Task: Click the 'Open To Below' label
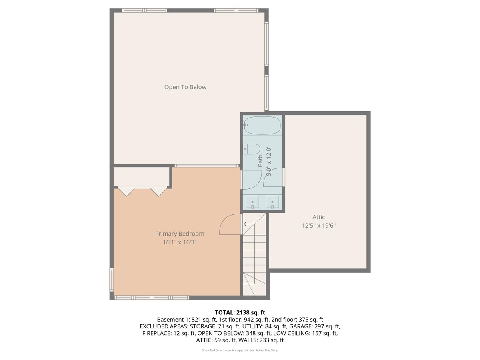pyautogui.click(x=185, y=87)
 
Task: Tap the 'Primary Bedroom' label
pyautogui.click(x=180, y=234)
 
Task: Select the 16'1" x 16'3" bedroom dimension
pyautogui.click(x=180, y=242)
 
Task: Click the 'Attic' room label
pyautogui.click(x=318, y=217)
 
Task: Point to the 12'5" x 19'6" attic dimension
pyautogui.click(x=318, y=225)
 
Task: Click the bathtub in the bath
pyautogui.click(x=262, y=126)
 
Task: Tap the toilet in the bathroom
pyautogui.click(x=252, y=149)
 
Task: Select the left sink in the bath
pyautogui.click(x=252, y=202)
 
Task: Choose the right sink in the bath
pyautogui.click(x=272, y=202)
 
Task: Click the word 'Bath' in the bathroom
pyautogui.click(x=260, y=161)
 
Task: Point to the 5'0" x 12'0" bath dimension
pyautogui.click(x=269, y=162)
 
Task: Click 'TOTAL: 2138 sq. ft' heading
pyautogui.click(x=240, y=312)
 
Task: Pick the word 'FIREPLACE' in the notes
pyautogui.click(x=156, y=333)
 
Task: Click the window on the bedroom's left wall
pyautogui.click(x=112, y=280)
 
